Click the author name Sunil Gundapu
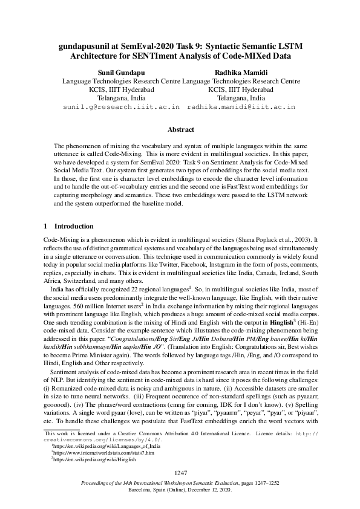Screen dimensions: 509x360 (114, 71)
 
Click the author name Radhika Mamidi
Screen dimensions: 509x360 (240, 71)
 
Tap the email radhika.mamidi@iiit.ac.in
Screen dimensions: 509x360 (241, 106)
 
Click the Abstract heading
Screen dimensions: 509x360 (180, 129)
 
